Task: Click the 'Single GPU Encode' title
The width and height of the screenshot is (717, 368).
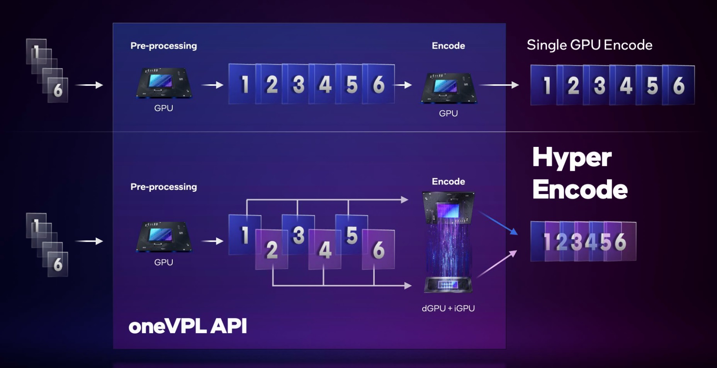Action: click(589, 45)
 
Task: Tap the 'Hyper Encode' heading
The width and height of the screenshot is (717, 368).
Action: click(579, 173)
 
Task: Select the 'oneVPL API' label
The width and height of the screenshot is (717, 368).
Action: click(188, 326)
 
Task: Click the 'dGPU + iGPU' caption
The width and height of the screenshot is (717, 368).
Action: click(448, 308)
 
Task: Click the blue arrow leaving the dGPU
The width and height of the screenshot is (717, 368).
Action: click(498, 223)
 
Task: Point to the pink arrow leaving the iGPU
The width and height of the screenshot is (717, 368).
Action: click(497, 264)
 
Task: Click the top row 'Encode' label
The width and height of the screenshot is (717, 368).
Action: click(448, 46)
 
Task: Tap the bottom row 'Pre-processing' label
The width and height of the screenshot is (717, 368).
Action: click(163, 187)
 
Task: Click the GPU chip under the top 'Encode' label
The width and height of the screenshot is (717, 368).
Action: click(448, 87)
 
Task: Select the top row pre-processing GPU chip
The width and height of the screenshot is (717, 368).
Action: click(163, 83)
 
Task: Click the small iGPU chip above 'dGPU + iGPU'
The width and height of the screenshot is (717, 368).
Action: click(448, 285)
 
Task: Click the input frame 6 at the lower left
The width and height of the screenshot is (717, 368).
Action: click(58, 264)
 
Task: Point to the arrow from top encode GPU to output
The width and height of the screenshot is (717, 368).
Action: click(498, 85)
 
